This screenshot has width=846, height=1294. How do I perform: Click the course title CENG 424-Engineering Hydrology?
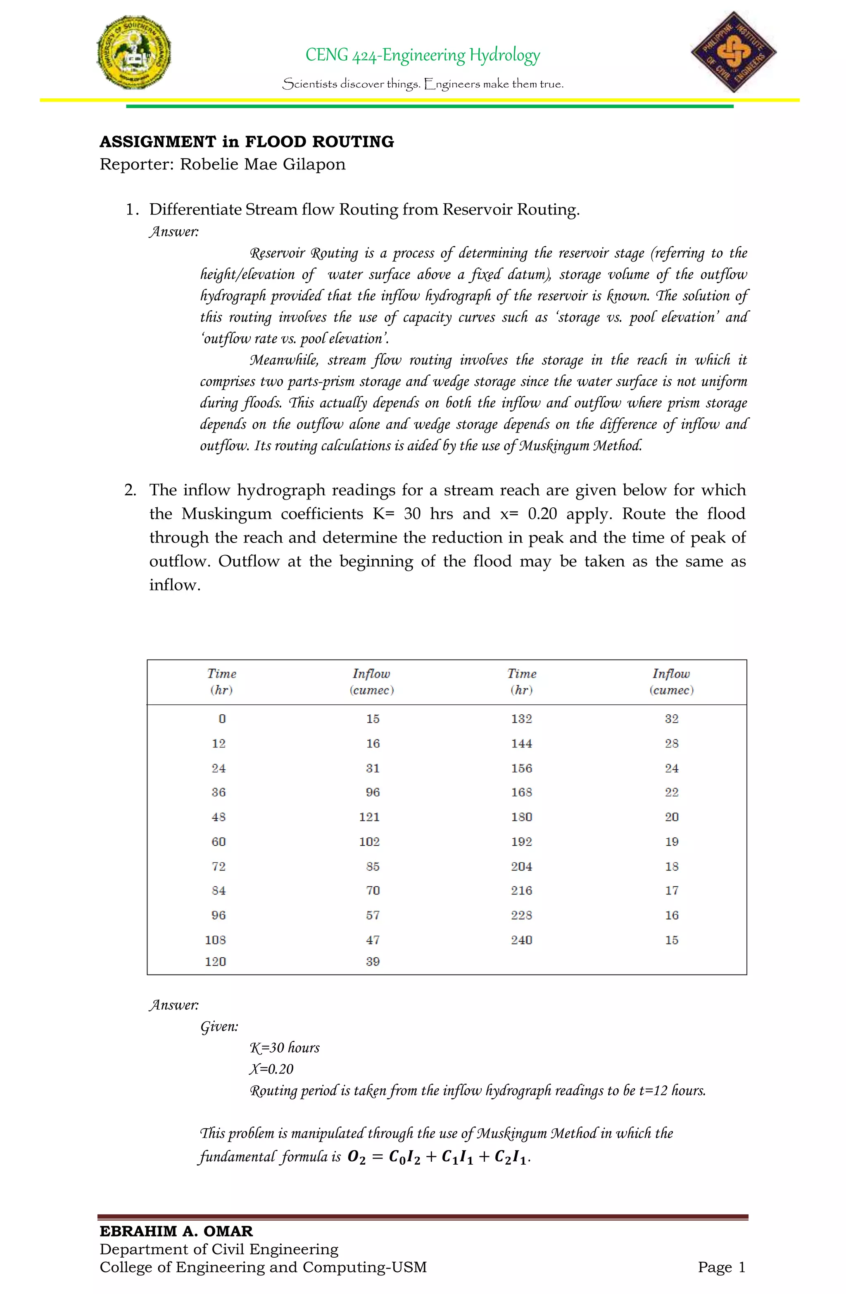423,55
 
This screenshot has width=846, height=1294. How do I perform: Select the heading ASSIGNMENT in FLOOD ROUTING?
247,142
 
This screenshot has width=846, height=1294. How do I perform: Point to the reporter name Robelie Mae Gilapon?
263,164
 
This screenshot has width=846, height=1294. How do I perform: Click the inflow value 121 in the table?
370,817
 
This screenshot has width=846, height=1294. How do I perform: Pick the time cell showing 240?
521,940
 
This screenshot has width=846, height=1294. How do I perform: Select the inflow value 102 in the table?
370,842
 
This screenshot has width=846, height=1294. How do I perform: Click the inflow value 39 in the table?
373,961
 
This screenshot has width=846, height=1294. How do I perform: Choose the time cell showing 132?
521,719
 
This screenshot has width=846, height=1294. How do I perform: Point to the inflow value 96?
373,792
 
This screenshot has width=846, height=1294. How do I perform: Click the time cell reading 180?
521,817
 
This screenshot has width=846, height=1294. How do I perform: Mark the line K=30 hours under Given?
284,1048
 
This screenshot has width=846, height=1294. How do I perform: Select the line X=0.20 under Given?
271,1069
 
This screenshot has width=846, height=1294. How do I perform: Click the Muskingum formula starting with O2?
438,1156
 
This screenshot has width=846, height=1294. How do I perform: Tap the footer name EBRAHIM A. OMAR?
176,1231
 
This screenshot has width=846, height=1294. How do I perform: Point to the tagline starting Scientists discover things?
423,84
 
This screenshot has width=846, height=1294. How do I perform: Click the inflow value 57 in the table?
373,915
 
